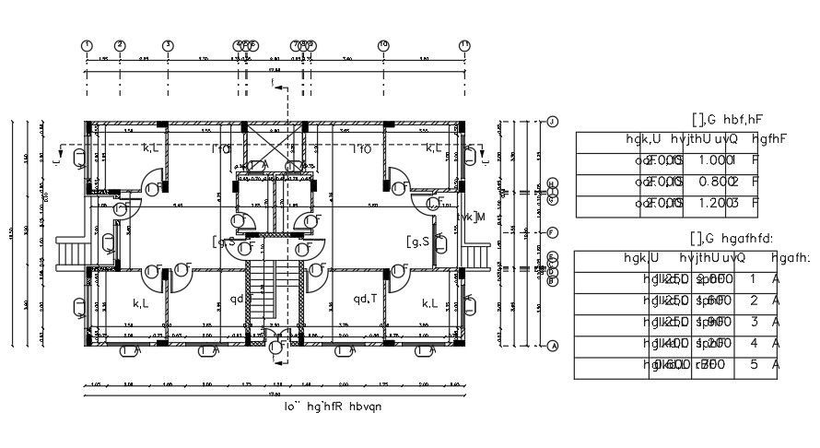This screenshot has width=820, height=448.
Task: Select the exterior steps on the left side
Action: pyautogui.click(x=71, y=251)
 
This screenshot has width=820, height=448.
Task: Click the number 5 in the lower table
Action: pyautogui.click(x=754, y=365)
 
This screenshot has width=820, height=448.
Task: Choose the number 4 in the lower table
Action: pyautogui.click(x=754, y=343)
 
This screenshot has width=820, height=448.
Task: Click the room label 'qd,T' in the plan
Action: pyautogui.click(x=365, y=299)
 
